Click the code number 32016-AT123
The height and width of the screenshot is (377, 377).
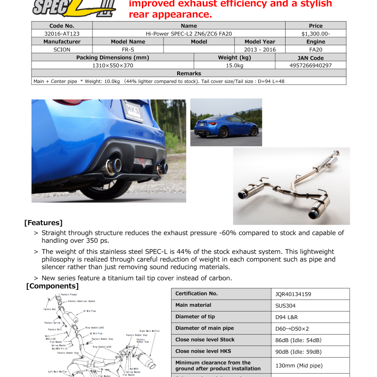click(x=62, y=33)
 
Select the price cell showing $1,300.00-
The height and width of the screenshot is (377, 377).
click(x=315, y=33)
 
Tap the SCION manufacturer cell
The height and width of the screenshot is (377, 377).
click(x=62, y=49)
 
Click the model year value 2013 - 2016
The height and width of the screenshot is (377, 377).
click(x=260, y=49)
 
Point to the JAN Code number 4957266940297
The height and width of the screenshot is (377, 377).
click(x=311, y=66)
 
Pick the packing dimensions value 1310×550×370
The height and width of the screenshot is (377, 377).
click(x=113, y=66)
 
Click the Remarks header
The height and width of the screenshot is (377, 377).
click(x=188, y=74)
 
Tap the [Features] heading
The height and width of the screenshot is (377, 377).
click(x=43, y=222)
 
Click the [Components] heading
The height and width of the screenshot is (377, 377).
click(x=52, y=286)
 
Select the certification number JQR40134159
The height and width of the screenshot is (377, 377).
click(x=293, y=294)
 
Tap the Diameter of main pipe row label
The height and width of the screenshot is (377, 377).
click(x=205, y=328)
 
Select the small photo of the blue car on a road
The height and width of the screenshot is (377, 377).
click(x=226, y=122)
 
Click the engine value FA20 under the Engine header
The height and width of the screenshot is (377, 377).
click(x=315, y=49)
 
